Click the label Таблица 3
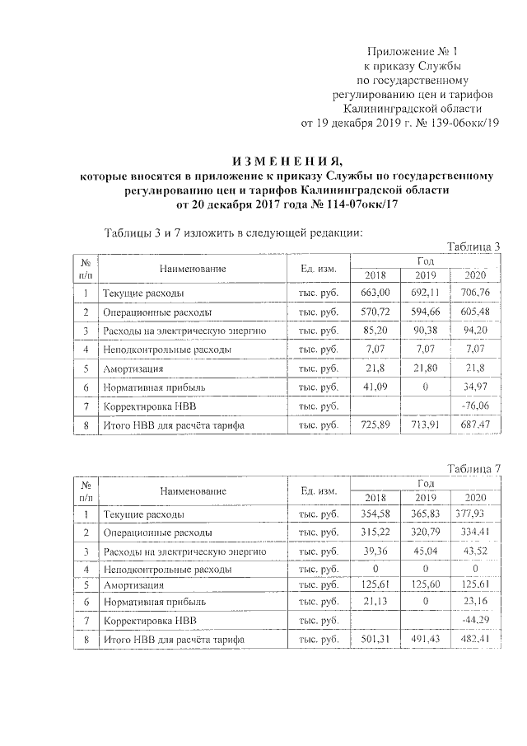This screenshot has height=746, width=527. pos(473,246)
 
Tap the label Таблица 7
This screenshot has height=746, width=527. pos(473,469)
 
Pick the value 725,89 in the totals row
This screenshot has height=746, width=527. pos(375,425)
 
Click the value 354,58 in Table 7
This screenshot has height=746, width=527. pos(375,515)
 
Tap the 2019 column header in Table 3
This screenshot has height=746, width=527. pos(426,275)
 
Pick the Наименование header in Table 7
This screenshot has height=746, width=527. pos(194,491)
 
